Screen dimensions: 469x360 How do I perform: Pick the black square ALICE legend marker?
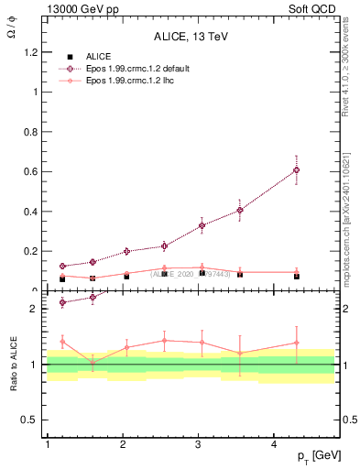tap(65, 56)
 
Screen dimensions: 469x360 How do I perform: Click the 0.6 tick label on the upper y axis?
tap(34, 171)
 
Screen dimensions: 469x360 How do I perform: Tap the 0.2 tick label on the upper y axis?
tap(34, 251)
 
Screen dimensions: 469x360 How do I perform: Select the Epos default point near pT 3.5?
tap(240, 210)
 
